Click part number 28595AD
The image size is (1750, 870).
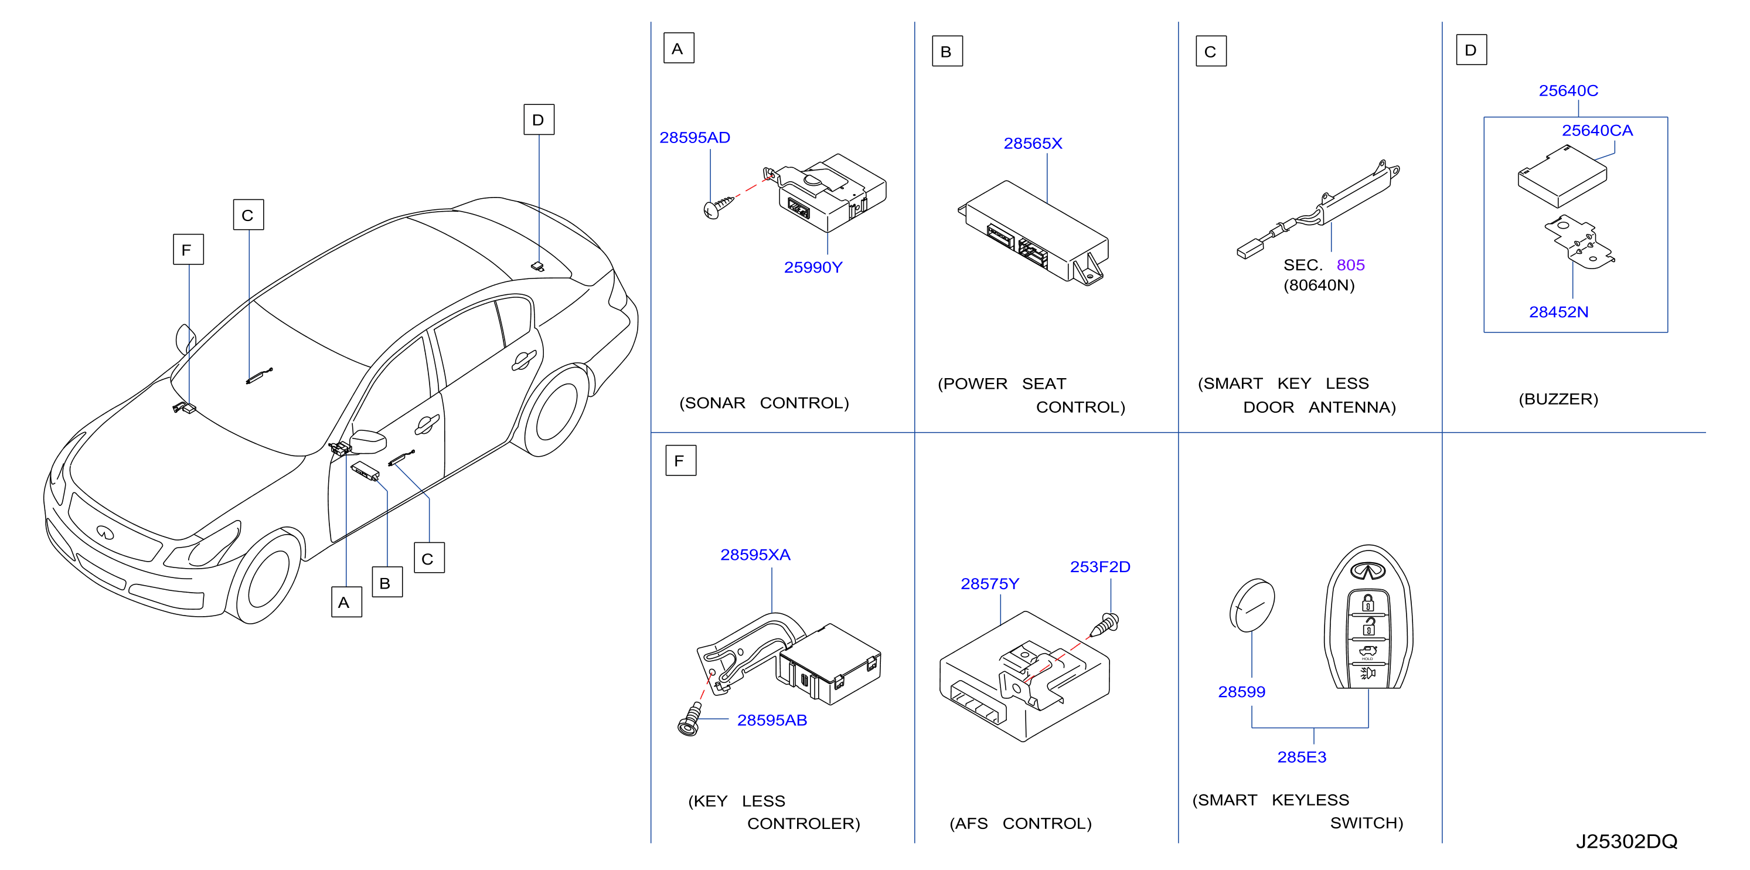(x=694, y=137)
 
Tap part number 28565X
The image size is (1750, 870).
(x=1033, y=144)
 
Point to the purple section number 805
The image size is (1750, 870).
(x=1350, y=264)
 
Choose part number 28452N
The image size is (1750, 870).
(x=1558, y=312)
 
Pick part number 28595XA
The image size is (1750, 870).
(x=755, y=555)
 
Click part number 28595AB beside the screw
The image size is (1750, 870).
(x=772, y=720)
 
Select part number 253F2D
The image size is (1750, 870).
(x=1100, y=567)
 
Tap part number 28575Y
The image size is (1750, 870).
(x=990, y=584)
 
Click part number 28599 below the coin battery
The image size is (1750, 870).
(x=1241, y=692)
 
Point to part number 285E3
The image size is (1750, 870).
(x=1302, y=757)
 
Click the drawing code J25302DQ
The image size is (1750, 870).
(x=1626, y=841)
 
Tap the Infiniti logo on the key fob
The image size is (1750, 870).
(x=1367, y=571)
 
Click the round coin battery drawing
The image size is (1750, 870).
(x=1252, y=605)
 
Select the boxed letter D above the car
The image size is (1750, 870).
(x=539, y=120)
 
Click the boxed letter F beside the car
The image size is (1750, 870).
(x=188, y=249)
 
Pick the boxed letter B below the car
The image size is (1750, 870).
(x=387, y=583)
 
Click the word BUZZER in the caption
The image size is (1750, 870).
(x=1558, y=399)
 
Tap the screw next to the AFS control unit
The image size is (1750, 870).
(x=1105, y=624)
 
